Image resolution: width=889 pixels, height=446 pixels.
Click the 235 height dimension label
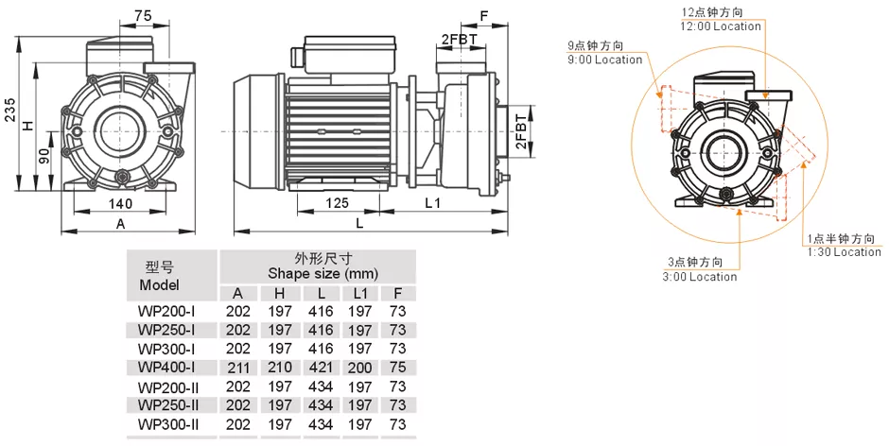(x=10, y=111)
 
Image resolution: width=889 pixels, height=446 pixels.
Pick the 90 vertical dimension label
(x=44, y=157)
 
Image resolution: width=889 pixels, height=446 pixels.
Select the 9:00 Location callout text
(x=604, y=60)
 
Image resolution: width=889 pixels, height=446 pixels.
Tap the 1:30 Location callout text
(x=844, y=252)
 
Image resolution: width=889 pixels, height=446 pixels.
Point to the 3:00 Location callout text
(x=700, y=277)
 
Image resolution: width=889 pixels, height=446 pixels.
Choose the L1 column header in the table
(x=360, y=293)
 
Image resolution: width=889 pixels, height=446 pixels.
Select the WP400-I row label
(x=166, y=367)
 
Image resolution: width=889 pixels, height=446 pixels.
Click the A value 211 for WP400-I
(x=237, y=368)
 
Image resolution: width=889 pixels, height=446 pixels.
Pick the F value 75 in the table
(x=397, y=368)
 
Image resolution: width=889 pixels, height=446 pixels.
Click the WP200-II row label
(x=166, y=386)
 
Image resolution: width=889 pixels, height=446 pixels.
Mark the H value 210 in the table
(x=279, y=368)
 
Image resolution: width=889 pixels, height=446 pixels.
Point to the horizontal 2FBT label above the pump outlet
(x=460, y=37)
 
